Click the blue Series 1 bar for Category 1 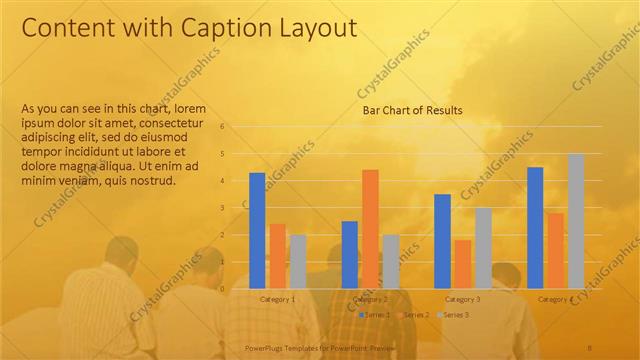[257, 230]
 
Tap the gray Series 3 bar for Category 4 [576, 221]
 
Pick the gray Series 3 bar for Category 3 [483, 248]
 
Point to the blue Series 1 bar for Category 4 [535, 227]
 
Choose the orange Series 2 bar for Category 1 [277, 255]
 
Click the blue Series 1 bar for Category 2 [350, 254]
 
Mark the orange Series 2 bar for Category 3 [463, 263]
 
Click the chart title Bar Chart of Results [412, 111]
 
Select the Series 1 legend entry [375, 315]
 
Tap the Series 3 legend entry [455, 315]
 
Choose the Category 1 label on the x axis [277, 299]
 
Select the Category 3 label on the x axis [463, 299]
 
